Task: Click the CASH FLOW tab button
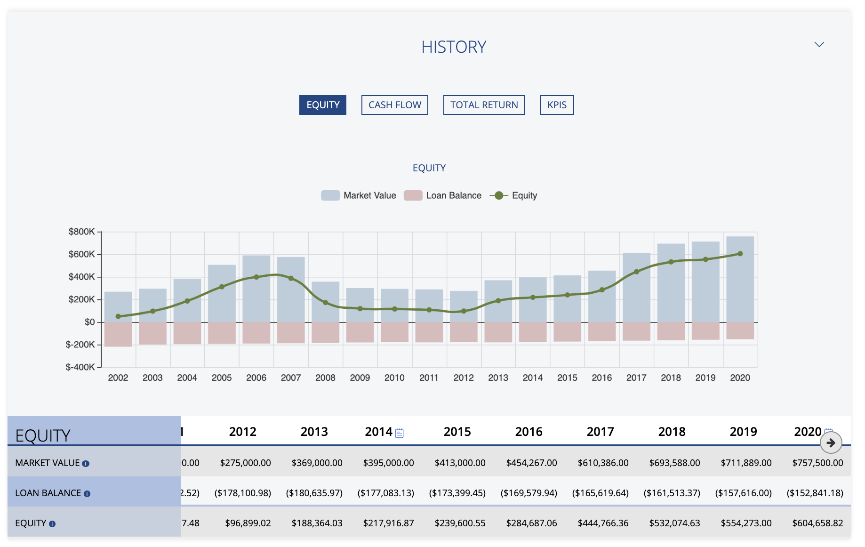point(394,105)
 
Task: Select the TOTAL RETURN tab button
point(484,105)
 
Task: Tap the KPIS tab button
point(557,105)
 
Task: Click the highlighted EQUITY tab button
point(323,105)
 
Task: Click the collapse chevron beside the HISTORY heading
point(819,45)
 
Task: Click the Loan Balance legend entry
point(443,195)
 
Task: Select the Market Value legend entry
point(359,195)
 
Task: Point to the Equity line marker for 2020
point(740,254)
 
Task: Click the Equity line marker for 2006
point(256,277)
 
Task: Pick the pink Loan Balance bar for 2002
point(118,334)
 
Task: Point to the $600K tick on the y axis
point(82,255)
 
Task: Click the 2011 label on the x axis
point(429,378)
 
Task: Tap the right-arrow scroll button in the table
point(831,443)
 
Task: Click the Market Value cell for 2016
point(531,463)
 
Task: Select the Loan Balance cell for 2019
point(743,493)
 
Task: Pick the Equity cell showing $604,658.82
point(817,523)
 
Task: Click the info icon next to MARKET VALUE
point(86,464)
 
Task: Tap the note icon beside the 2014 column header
point(400,433)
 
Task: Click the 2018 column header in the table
point(672,432)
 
